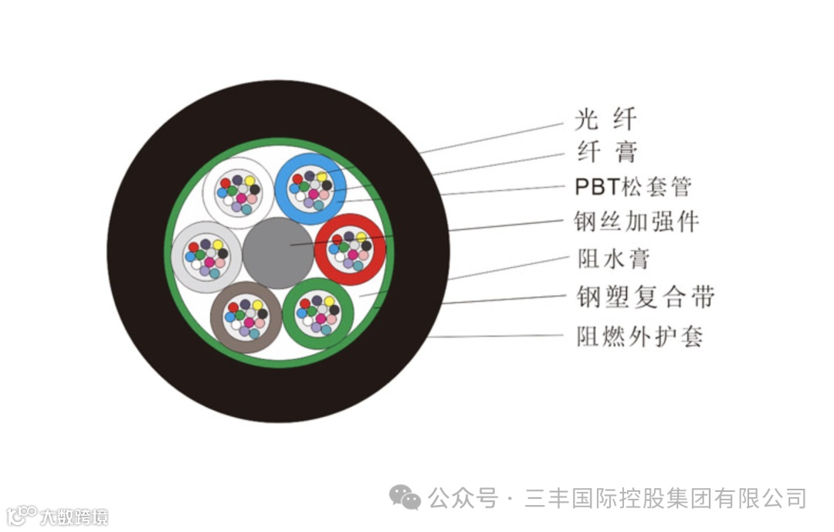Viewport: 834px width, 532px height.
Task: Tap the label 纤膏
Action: (x=607, y=152)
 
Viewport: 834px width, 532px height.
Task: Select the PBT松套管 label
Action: (x=633, y=187)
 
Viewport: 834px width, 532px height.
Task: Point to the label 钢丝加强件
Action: (x=636, y=222)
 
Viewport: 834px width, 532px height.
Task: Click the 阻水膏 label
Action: (x=613, y=259)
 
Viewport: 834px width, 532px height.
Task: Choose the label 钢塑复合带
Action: (x=646, y=297)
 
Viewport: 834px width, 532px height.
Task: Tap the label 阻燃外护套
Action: (x=640, y=336)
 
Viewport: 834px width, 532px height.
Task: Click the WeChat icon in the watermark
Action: (x=405, y=497)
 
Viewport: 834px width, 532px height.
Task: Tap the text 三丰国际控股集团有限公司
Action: (x=666, y=498)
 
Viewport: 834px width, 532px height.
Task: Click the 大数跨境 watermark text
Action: (x=74, y=516)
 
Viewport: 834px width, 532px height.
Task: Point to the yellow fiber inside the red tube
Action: (x=361, y=237)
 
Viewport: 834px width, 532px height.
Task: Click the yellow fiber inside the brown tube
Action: (x=257, y=305)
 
